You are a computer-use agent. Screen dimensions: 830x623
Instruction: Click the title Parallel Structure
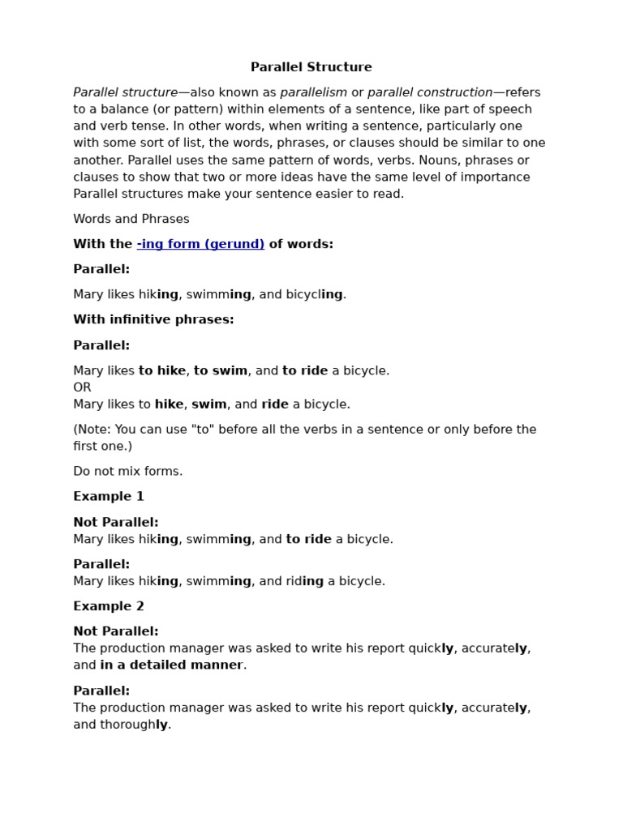click(x=311, y=67)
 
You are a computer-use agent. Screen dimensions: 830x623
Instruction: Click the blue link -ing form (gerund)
click(x=200, y=244)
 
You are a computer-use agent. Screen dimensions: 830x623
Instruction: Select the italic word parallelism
click(x=313, y=92)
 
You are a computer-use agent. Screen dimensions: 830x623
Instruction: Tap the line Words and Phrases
click(x=131, y=219)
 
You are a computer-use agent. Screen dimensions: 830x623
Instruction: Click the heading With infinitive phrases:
click(x=153, y=319)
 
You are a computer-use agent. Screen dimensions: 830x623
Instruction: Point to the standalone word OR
click(x=82, y=387)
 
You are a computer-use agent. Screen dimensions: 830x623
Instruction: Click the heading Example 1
click(x=109, y=496)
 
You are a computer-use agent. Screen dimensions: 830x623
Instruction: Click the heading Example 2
click(x=109, y=606)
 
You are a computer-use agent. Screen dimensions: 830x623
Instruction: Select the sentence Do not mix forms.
click(x=127, y=471)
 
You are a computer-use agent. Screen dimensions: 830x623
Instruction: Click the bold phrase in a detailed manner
click(x=171, y=665)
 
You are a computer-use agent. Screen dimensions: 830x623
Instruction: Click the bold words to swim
click(x=220, y=370)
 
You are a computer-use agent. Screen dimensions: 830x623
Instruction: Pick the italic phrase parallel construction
click(x=430, y=92)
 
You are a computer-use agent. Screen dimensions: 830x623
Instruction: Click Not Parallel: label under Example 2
click(x=116, y=631)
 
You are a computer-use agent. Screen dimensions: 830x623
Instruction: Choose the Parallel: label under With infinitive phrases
click(x=101, y=345)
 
